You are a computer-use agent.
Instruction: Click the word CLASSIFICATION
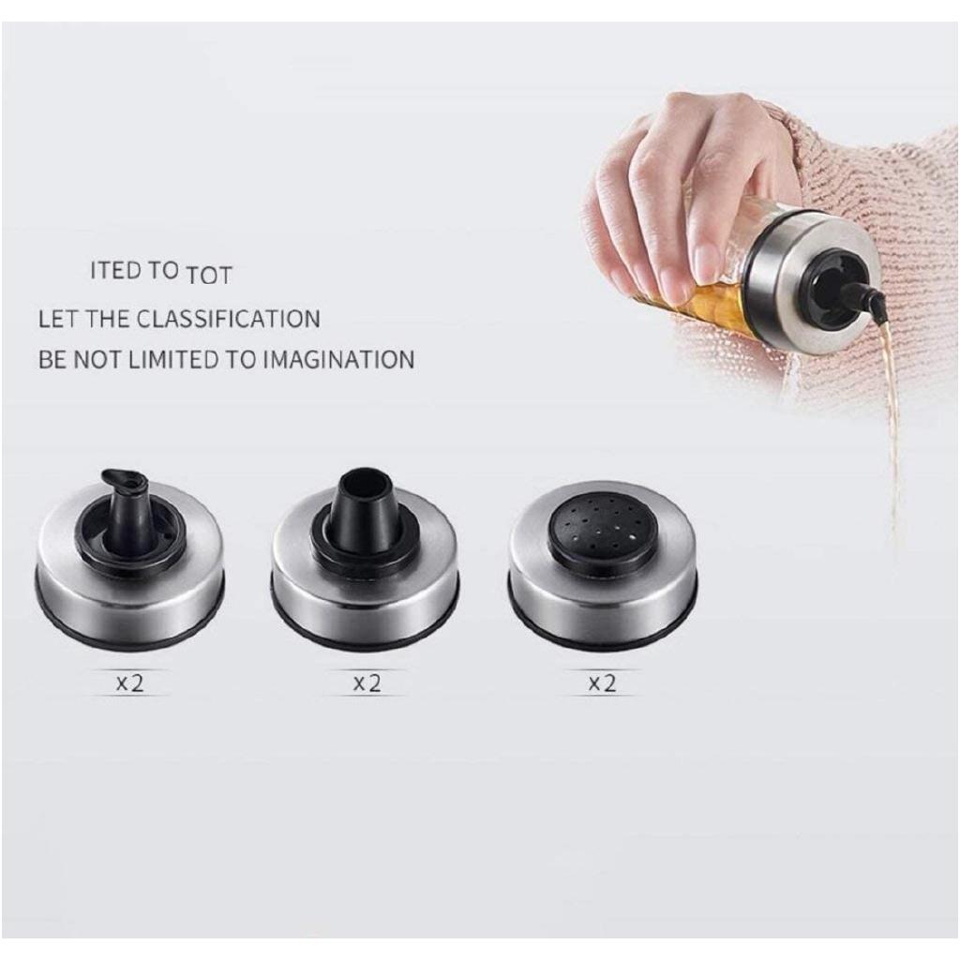(228, 319)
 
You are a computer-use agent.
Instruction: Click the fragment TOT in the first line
(208, 276)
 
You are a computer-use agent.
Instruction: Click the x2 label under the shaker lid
(601, 683)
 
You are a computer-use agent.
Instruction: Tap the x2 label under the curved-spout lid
(130, 683)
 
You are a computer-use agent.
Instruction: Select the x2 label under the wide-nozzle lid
(367, 683)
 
